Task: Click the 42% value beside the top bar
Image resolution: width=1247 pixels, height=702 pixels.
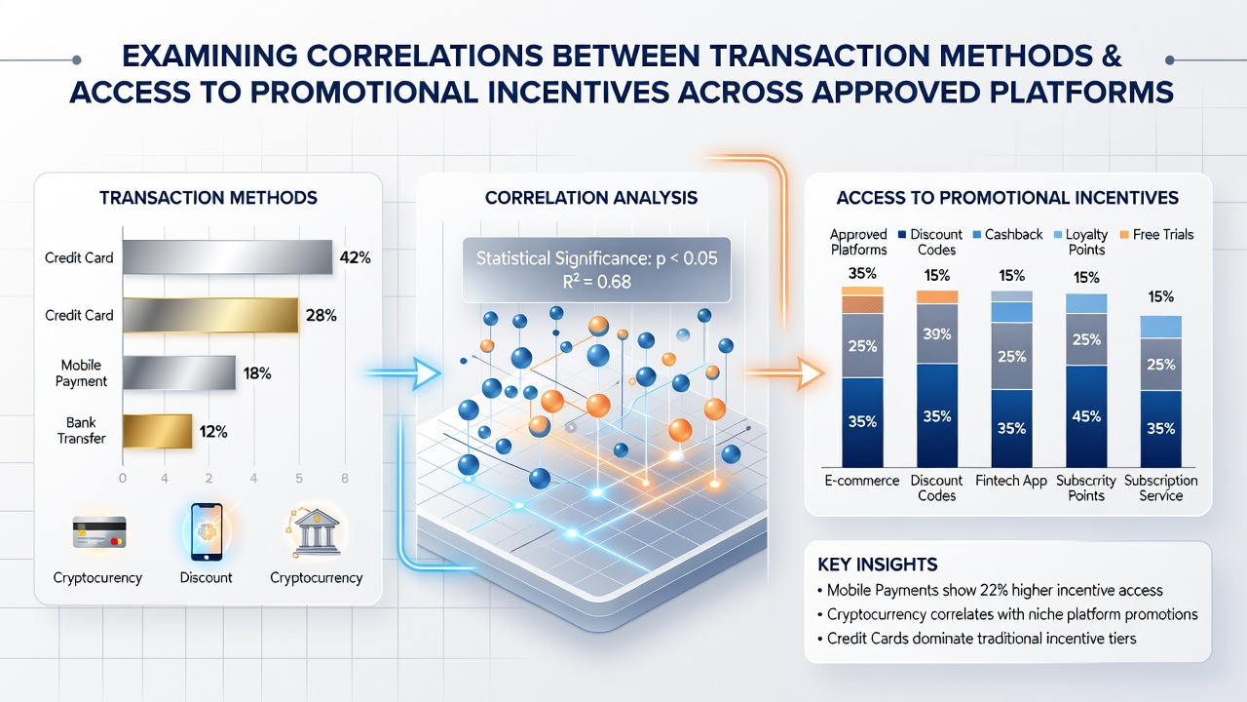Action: (355, 257)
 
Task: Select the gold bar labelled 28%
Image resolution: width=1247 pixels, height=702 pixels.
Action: (210, 315)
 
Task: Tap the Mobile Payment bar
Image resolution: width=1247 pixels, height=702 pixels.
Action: (178, 372)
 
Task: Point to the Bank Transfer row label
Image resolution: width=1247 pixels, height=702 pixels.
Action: (81, 430)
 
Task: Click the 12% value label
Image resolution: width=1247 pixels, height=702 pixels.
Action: (213, 431)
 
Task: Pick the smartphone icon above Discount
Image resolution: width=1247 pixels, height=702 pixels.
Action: (207, 532)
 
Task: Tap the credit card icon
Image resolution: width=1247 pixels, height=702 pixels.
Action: (99, 532)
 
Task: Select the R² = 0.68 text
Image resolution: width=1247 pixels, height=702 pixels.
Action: (597, 282)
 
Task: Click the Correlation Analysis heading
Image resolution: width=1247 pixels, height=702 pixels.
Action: (591, 198)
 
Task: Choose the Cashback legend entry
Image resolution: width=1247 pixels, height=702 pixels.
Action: (1007, 235)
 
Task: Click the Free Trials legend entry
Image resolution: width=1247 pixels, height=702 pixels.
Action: (1156, 235)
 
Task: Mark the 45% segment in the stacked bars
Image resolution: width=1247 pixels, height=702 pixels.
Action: (1086, 416)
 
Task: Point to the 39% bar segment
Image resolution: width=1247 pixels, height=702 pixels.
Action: (937, 333)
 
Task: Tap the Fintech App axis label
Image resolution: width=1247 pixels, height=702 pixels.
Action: (1011, 481)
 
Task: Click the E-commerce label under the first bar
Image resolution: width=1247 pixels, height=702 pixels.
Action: (862, 481)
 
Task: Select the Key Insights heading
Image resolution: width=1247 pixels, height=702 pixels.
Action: (878, 565)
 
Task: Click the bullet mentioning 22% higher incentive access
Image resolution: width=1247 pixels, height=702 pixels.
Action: (990, 590)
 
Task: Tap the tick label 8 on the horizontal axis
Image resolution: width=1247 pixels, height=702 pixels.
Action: (345, 478)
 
